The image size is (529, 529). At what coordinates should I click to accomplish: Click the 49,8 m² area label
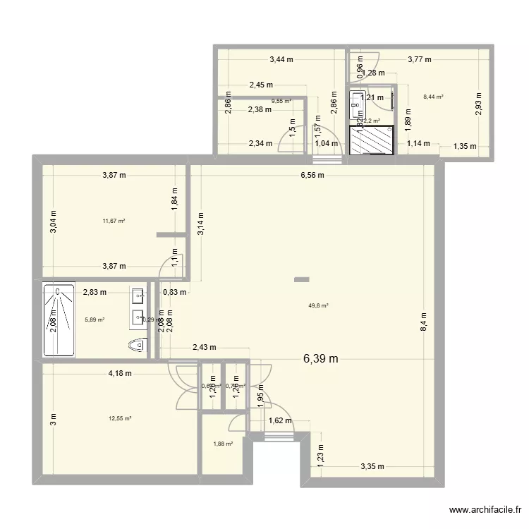[319, 305]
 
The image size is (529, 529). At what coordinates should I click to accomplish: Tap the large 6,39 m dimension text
[320, 359]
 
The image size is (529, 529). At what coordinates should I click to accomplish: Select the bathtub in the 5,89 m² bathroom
[58, 320]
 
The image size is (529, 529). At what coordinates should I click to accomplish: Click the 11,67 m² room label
[114, 221]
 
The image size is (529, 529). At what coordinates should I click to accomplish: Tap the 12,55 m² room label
[120, 418]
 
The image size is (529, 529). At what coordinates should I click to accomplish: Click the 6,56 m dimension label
[311, 176]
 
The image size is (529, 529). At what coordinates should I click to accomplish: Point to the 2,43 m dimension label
[204, 347]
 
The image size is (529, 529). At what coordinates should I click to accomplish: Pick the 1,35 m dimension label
[463, 147]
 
